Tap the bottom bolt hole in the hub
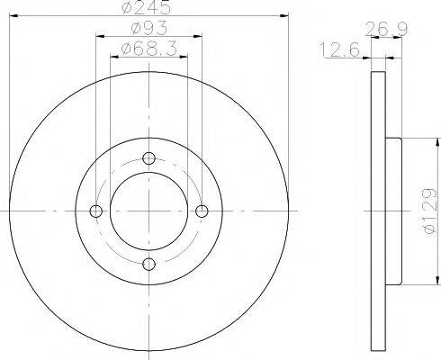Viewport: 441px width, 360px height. click(149, 263)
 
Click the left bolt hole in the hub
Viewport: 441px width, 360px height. click(97, 211)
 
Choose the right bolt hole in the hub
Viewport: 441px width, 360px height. click(202, 211)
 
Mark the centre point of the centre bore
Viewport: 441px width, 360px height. click(149, 211)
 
